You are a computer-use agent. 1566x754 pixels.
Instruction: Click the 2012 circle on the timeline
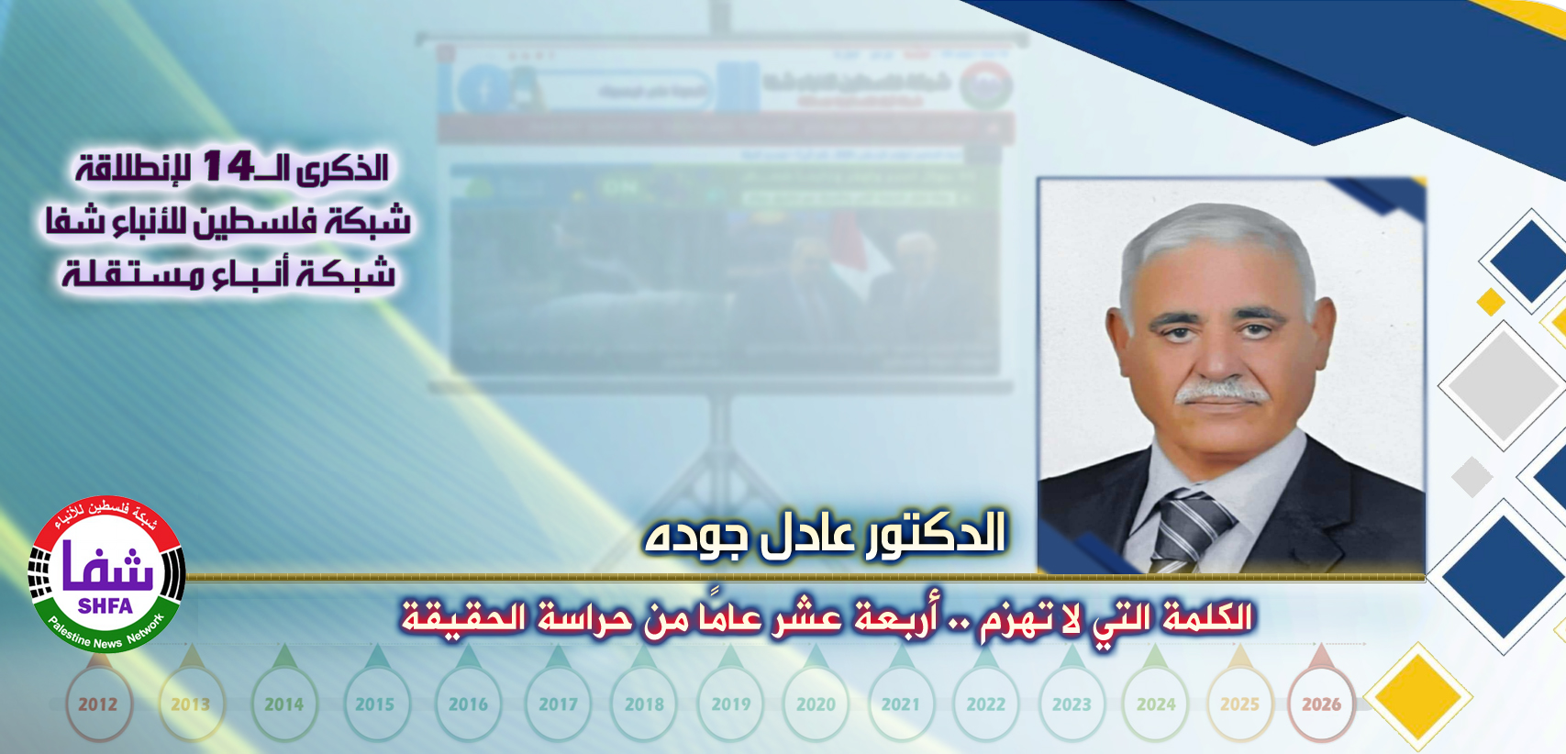[97, 704]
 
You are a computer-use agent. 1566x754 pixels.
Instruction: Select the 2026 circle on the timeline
[1321, 704]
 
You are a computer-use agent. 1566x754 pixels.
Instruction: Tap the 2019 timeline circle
[730, 704]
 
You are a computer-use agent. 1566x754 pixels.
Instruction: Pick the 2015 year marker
[374, 704]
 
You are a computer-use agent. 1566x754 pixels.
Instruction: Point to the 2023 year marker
[1072, 704]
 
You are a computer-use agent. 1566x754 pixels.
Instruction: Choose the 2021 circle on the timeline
[900, 704]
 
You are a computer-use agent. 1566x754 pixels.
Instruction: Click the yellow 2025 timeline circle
[1239, 704]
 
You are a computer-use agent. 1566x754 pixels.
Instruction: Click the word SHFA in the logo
[106, 606]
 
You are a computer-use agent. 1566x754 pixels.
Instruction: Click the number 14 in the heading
[228, 166]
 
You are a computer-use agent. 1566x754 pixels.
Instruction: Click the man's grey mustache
[1222, 392]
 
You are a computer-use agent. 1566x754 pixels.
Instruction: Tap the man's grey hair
[1211, 234]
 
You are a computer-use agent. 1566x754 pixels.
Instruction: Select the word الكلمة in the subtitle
[1206, 616]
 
